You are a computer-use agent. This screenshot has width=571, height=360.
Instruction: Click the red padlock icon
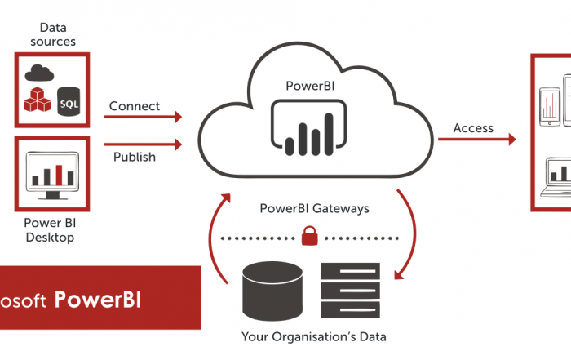pyautogui.click(x=309, y=237)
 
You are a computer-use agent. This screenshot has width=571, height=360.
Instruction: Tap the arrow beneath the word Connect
pyautogui.click(x=143, y=117)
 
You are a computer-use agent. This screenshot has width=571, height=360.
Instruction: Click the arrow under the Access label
pyautogui.click(x=476, y=140)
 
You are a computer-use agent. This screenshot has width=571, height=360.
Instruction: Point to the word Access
pyautogui.click(x=473, y=127)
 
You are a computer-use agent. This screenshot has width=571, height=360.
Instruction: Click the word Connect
pyautogui.click(x=135, y=106)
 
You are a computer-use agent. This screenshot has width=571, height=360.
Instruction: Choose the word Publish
pyautogui.click(x=135, y=157)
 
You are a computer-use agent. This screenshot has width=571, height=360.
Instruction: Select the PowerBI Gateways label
pyautogui.click(x=314, y=208)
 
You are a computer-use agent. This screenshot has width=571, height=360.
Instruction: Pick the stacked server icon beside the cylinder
pyautogui.click(x=350, y=291)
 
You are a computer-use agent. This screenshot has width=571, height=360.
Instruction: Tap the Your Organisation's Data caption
pyautogui.click(x=314, y=336)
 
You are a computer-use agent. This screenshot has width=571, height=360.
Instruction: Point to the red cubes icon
pyautogui.click(x=38, y=99)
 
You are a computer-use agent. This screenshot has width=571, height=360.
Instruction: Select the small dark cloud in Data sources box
pyautogui.click(x=38, y=72)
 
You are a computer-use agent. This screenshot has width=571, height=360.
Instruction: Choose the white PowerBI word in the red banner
pyautogui.click(x=98, y=300)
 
